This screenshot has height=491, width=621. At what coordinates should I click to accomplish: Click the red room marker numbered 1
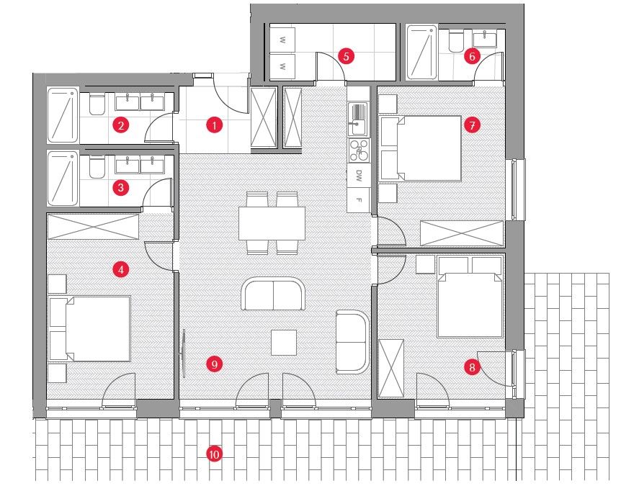click(x=213, y=125)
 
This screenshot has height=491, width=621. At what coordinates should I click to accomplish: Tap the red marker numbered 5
click(x=346, y=55)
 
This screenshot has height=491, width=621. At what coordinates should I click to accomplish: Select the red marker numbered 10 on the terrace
click(x=213, y=454)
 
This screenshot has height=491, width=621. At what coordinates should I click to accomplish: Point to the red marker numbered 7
click(x=471, y=125)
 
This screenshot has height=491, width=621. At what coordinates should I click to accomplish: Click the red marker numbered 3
click(x=121, y=188)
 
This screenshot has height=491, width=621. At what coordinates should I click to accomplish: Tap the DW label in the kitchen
click(x=358, y=174)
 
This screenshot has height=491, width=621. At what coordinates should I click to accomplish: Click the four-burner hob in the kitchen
click(x=358, y=149)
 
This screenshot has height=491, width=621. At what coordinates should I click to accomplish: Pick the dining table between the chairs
click(x=272, y=223)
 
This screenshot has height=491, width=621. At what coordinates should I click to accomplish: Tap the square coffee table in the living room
click(x=284, y=342)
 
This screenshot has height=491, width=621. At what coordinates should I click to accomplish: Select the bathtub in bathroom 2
click(x=63, y=115)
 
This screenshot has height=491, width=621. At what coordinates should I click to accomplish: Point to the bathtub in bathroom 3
click(x=63, y=178)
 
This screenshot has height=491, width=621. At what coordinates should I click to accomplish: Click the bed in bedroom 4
click(x=91, y=329)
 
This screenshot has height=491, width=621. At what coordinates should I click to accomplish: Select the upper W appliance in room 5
click(x=283, y=40)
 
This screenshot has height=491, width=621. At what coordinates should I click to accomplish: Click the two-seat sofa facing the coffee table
click(x=274, y=294)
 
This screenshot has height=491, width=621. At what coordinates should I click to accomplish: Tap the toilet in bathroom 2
click(x=96, y=106)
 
